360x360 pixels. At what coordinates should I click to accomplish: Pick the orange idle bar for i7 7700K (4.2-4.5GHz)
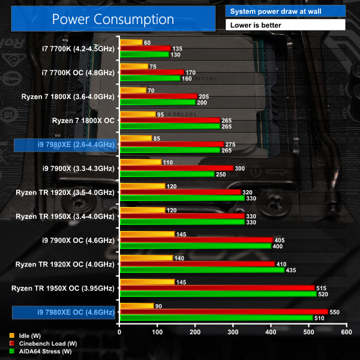131,43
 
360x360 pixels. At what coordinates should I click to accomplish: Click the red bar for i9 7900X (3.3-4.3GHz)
176,168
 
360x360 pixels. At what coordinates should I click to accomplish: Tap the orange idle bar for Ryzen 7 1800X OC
138,115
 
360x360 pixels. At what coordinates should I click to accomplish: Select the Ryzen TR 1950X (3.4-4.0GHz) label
65,216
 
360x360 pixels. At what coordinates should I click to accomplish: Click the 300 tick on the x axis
233,332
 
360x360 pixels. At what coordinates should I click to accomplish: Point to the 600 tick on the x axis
346,332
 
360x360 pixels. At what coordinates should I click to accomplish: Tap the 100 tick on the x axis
157,332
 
